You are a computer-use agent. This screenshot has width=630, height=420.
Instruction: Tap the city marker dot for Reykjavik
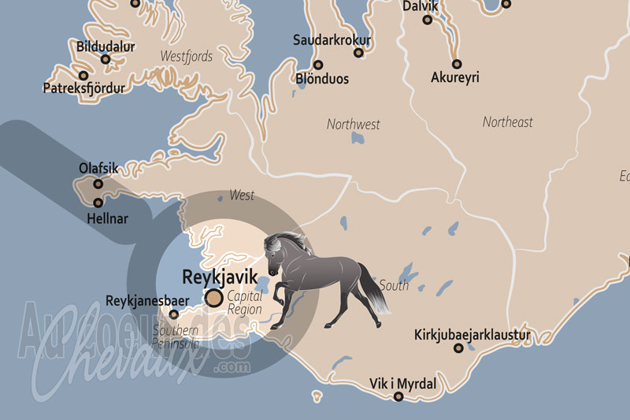tap(213, 298)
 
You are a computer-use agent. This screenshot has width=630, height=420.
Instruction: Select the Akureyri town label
tap(455, 77)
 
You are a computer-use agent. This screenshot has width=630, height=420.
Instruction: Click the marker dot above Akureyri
tap(457, 64)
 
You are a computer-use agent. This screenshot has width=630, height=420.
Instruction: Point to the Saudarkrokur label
tap(332, 39)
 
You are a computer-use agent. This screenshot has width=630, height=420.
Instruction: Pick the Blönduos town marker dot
tap(318, 65)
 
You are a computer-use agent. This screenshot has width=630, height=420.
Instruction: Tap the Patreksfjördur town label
tap(83, 88)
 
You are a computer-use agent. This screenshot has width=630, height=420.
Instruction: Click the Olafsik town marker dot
tap(98, 184)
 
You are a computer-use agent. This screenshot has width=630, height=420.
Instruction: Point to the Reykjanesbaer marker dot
tap(174, 314)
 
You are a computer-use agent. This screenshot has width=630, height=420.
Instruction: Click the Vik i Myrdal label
tap(402, 384)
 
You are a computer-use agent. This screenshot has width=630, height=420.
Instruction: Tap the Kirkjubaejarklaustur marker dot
tap(458, 348)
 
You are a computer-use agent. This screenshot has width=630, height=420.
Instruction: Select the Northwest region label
tap(353, 124)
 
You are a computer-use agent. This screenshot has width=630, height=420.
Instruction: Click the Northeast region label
tap(507, 121)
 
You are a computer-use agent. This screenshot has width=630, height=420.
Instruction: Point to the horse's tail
tap(374, 292)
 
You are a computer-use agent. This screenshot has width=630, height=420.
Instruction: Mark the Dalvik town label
tap(420, 6)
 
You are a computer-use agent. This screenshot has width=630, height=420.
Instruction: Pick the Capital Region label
tap(244, 303)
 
